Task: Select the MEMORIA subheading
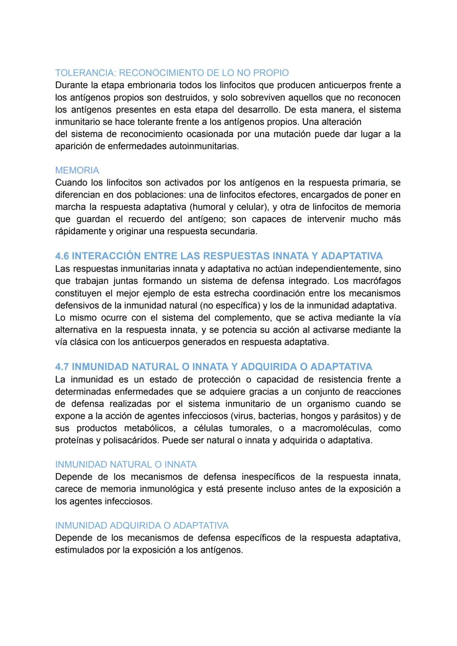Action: (77, 170)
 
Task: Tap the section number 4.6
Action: (62, 256)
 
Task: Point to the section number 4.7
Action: (62, 366)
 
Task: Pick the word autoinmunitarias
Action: (204, 147)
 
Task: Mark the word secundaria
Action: (235, 231)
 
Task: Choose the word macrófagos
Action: (377, 281)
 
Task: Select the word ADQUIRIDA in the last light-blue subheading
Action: (135, 526)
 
